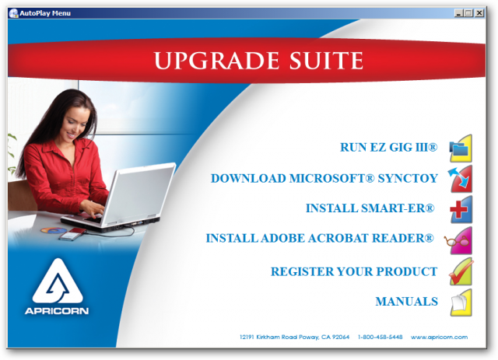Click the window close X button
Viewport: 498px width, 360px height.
tap(479, 13)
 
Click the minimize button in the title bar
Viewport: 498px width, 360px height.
tap(458, 13)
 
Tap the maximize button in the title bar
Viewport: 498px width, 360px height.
tap(468, 13)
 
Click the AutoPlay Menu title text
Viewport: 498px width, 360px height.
tap(45, 13)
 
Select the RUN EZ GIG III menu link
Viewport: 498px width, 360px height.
tap(389, 147)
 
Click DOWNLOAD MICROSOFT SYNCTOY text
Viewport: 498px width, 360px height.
tap(324, 178)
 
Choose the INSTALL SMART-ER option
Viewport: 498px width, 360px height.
tap(370, 208)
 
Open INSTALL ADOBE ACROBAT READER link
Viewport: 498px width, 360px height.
tap(320, 238)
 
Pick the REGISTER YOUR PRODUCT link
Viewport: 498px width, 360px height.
tap(354, 271)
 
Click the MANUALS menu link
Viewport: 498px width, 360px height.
tap(406, 301)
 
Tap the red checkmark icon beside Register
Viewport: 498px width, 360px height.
tap(461, 271)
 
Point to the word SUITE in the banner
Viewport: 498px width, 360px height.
tap(326, 61)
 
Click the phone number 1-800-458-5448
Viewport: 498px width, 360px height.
tap(381, 337)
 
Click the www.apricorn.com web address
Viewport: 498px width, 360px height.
tap(439, 337)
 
